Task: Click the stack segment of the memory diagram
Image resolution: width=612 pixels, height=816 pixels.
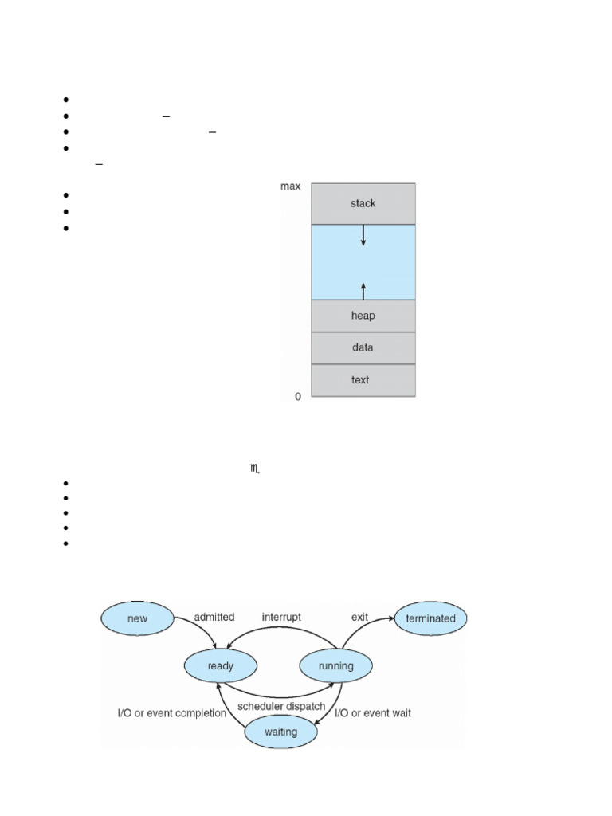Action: [x=363, y=203]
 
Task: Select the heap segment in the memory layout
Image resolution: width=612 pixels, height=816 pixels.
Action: [x=363, y=316]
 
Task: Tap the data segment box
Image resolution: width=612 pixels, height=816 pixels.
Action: [x=363, y=347]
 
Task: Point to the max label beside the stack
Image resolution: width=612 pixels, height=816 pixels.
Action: [x=290, y=186]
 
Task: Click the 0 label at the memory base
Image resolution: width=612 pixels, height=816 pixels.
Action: [x=298, y=396]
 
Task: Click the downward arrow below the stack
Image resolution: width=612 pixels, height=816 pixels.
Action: [x=363, y=234]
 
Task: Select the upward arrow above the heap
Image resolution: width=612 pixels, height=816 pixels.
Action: [x=363, y=290]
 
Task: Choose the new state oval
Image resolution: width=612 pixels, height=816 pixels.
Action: [x=137, y=618]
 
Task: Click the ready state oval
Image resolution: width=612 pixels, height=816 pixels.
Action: [x=221, y=665]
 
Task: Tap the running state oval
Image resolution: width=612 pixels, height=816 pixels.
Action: [x=336, y=665]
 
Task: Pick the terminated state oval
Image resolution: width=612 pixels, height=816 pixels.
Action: [x=430, y=618]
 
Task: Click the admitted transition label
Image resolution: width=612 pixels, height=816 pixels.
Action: [x=214, y=617]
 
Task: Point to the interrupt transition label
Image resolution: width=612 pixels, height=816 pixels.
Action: [x=282, y=617]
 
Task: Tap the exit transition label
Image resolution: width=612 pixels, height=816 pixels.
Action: [x=361, y=617]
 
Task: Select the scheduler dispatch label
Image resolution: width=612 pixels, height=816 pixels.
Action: [x=281, y=706]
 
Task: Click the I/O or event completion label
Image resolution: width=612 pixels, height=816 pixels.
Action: [x=172, y=713]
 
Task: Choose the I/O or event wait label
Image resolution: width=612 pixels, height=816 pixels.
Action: [x=373, y=713]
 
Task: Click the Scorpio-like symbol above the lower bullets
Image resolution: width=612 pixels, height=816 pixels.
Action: [x=256, y=471]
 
